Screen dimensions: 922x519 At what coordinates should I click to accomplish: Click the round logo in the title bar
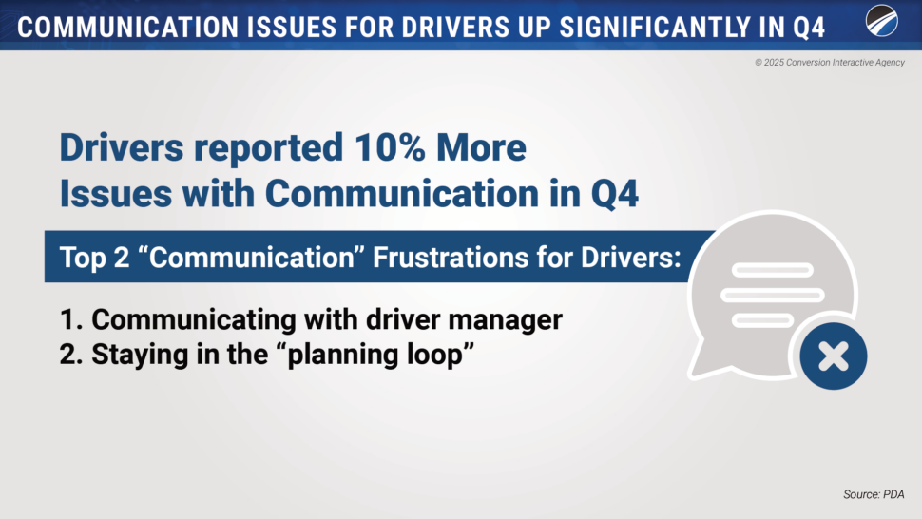pyautogui.click(x=881, y=21)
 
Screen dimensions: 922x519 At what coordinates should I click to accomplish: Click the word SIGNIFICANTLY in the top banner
pyautogui.click(x=654, y=27)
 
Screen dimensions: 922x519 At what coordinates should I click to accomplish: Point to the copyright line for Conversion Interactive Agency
pyautogui.click(x=830, y=63)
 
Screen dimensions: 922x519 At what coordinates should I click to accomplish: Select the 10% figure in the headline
pyautogui.click(x=390, y=147)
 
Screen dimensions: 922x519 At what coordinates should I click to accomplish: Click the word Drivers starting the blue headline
pyautogui.click(x=122, y=147)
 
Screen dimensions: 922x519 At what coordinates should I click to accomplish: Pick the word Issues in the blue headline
pyautogui.click(x=116, y=193)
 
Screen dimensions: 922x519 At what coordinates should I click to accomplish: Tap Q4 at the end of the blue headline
pyautogui.click(x=614, y=194)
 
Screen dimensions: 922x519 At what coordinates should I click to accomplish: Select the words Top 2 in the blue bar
pyautogui.click(x=94, y=258)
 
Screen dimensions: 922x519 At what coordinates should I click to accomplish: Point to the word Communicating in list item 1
pyautogui.click(x=194, y=320)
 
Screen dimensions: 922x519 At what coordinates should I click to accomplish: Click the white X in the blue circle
pyautogui.click(x=834, y=356)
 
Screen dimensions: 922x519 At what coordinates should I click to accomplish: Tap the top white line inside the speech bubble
pyautogui.click(x=773, y=270)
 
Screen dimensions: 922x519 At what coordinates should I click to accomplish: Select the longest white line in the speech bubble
pyautogui.click(x=773, y=295)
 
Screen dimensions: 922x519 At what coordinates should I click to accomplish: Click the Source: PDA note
pyautogui.click(x=874, y=495)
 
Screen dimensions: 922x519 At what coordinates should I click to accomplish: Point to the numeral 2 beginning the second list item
pyautogui.click(x=69, y=355)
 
